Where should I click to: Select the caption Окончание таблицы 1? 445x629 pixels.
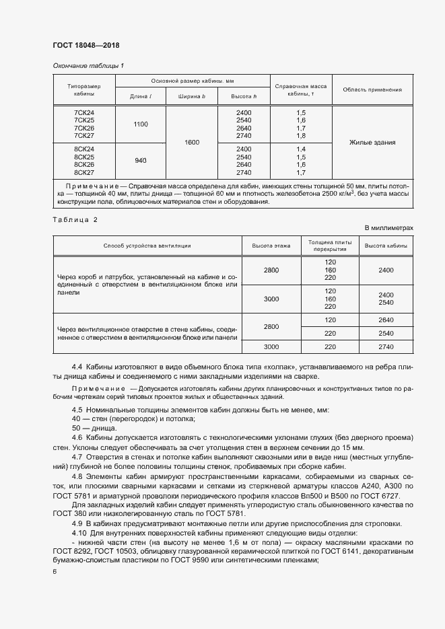tap(88, 65)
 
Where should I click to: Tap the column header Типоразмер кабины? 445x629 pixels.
tap(84, 90)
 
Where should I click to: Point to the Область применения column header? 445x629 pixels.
tap(372, 89)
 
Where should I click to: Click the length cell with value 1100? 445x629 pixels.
tap(141, 124)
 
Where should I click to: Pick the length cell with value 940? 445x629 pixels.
tap(141, 160)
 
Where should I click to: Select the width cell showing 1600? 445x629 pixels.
tap(192, 142)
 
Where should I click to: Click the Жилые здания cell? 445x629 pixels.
tap(372, 142)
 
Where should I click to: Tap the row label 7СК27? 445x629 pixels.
tap(84, 136)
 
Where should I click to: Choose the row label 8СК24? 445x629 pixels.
tap(84, 149)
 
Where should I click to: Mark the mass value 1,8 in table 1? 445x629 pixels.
tap(301, 136)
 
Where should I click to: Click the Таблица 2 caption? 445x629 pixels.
tap(75, 220)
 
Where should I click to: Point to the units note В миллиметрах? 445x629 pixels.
tap(389, 229)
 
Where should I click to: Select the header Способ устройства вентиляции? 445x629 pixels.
tap(147, 246)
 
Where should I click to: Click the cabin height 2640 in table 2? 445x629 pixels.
tap(386, 320)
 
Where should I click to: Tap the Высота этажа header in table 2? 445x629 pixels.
tap(271, 246)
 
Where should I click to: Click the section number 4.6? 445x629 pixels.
tap(77, 437)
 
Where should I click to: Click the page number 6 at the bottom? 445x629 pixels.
tap(55, 571)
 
